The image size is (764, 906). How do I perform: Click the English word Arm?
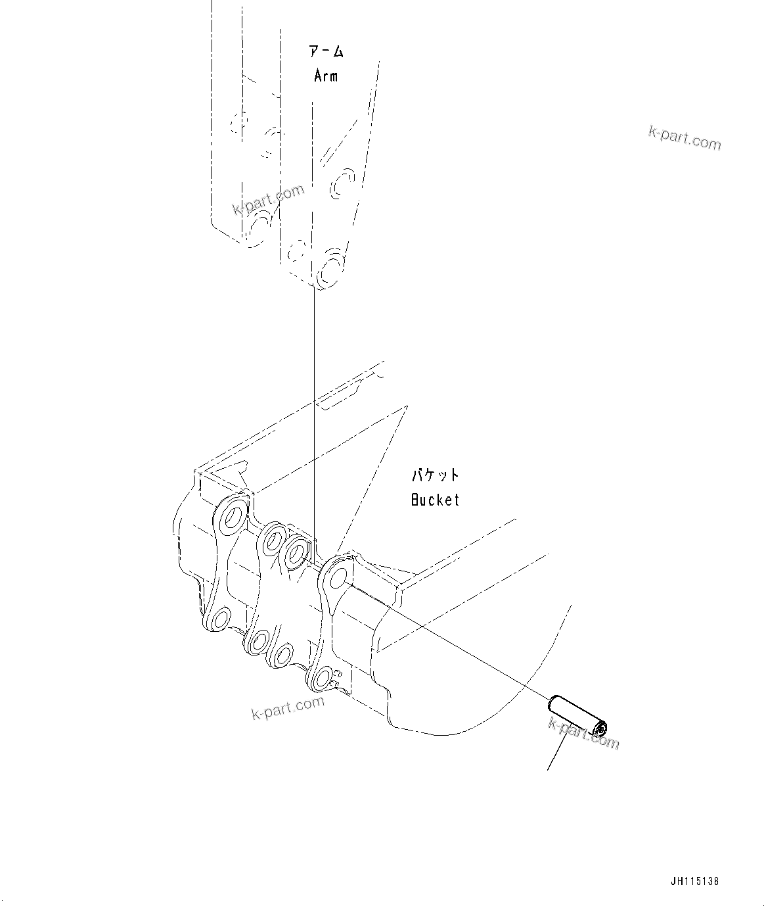[326, 76]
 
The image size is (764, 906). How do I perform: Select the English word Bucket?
[435, 500]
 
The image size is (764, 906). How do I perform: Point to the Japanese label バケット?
[435, 475]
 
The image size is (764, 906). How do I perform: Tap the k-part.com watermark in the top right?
[684, 138]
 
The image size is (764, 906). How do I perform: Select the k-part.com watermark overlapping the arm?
[268, 200]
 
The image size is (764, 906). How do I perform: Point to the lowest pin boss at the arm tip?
[328, 270]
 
